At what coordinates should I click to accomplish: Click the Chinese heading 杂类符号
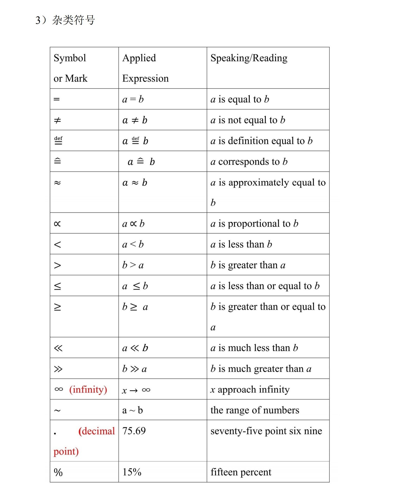pyautogui.click(x=73, y=20)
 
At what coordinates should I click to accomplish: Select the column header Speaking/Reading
pyautogui.click(x=249, y=58)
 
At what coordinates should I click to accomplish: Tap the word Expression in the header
pyautogui.click(x=145, y=78)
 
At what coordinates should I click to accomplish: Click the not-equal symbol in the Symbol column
pyautogui.click(x=57, y=120)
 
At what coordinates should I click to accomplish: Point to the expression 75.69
pyautogui.click(x=134, y=431)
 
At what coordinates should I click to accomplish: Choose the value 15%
pyautogui.click(x=132, y=472)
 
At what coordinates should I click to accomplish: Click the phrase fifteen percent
pyautogui.click(x=241, y=472)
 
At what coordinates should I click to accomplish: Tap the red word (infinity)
pyautogui.click(x=88, y=390)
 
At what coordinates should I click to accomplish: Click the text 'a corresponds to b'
pyautogui.click(x=249, y=162)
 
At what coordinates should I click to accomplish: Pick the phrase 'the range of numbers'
pyautogui.click(x=255, y=410)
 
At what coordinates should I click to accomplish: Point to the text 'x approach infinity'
pyautogui.click(x=250, y=390)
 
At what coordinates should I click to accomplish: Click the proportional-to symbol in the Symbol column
pyautogui.click(x=57, y=224)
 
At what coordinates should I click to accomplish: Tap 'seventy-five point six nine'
pyautogui.click(x=266, y=431)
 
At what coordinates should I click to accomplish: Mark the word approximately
pyautogui.click(x=258, y=182)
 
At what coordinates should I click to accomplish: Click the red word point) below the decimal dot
pyautogui.click(x=66, y=451)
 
